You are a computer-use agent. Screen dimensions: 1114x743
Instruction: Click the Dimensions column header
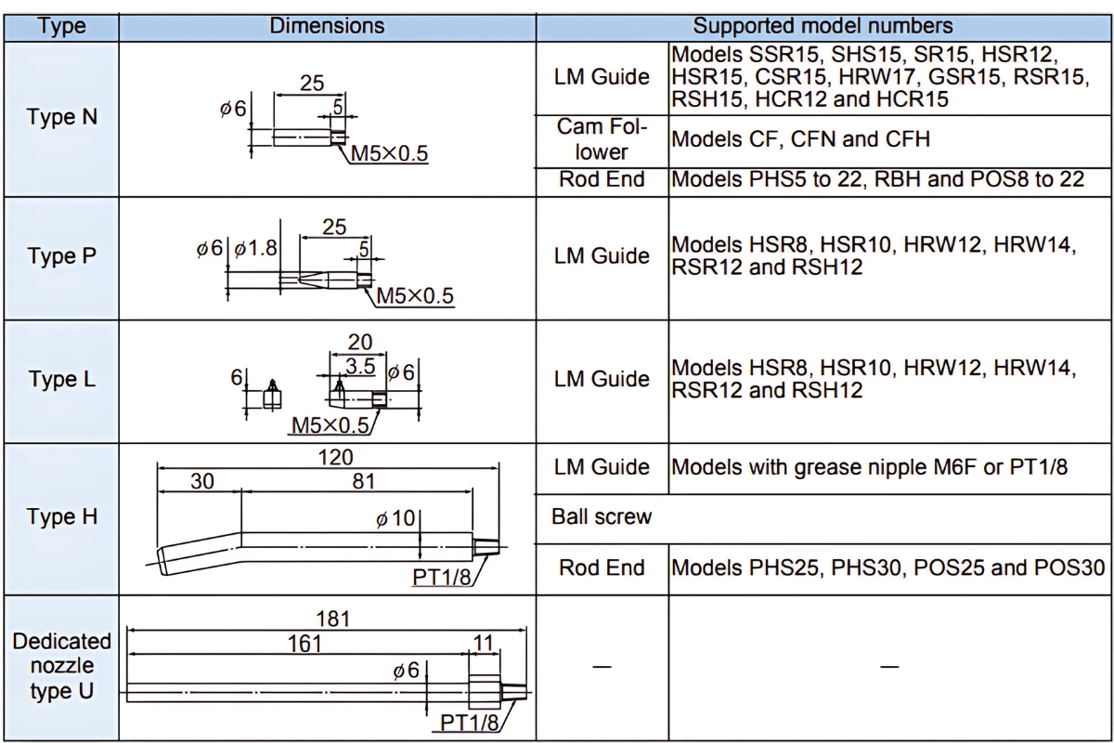[x=327, y=26]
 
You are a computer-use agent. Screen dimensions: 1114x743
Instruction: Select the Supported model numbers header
[x=823, y=26]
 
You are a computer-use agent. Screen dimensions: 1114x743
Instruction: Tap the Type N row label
[x=61, y=117]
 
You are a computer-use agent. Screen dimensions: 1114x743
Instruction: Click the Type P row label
[x=61, y=255]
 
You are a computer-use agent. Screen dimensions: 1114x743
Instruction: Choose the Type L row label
[x=61, y=379]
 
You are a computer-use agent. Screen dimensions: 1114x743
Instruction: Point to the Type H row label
[x=61, y=516]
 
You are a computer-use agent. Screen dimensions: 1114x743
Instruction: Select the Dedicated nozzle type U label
[x=61, y=666]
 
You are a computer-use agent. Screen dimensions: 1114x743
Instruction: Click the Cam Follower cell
[x=602, y=139]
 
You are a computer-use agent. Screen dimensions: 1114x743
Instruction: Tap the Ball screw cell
[x=602, y=517]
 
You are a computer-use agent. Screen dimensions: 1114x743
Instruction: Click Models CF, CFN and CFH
[x=800, y=139]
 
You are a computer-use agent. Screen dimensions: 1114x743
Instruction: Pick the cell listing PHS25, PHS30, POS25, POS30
[x=887, y=567]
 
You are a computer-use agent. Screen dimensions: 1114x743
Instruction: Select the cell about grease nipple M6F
[x=869, y=467]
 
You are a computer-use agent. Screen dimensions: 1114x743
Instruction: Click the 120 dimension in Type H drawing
[x=336, y=457]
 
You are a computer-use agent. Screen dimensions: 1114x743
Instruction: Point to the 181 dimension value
[x=333, y=619]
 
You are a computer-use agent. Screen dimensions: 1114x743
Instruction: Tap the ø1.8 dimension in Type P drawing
[x=255, y=248]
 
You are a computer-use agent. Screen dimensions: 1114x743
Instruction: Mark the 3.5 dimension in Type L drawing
[x=360, y=367]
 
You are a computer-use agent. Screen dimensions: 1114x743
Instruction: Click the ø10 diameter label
[x=395, y=518]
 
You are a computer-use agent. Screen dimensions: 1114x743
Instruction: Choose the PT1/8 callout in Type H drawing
[x=441, y=578]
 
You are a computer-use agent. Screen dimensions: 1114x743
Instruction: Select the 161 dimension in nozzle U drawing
[x=304, y=644]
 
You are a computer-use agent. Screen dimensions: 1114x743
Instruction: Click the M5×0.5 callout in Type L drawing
[x=330, y=425]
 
